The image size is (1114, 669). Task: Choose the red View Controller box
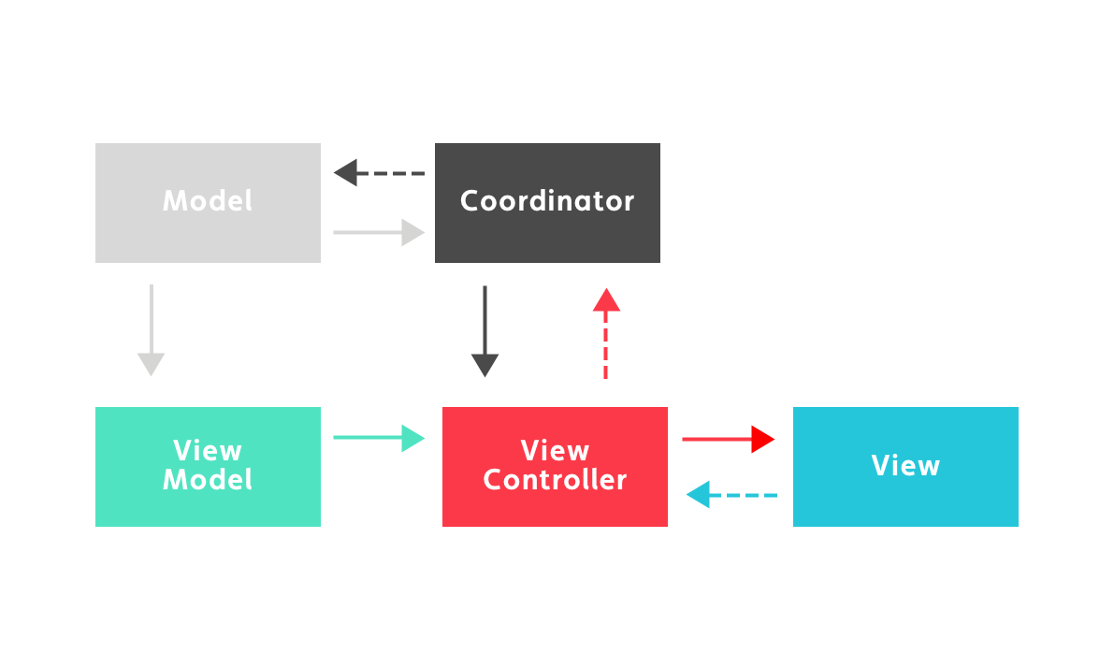[x=555, y=510]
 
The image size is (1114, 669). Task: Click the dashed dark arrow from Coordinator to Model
[x=379, y=173]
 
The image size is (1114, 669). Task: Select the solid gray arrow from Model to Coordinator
[x=379, y=232]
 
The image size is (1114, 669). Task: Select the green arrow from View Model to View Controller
[x=379, y=438]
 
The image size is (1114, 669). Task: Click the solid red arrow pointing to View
[x=728, y=438]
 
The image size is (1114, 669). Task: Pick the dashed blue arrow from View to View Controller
[x=731, y=494]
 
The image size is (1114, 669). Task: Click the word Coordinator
[x=547, y=201]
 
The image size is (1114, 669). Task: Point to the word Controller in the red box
[x=555, y=481]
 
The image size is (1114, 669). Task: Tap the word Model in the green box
[x=208, y=481]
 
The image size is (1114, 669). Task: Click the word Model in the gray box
[x=208, y=201]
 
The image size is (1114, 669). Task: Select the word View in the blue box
[x=905, y=466]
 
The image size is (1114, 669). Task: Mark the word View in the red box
[x=555, y=451]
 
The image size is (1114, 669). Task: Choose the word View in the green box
[x=208, y=451]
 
